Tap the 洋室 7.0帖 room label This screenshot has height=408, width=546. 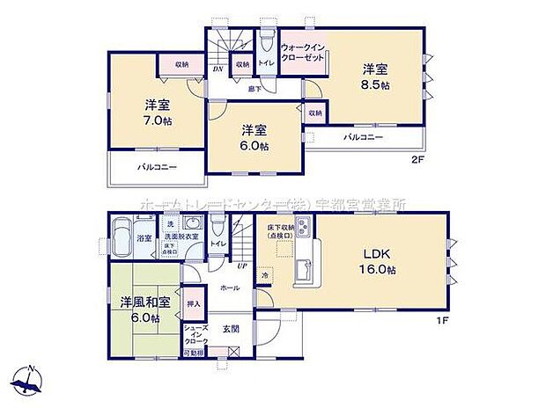pyautogui.click(x=159, y=113)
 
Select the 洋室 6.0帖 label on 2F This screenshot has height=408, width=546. pyautogui.click(x=256, y=138)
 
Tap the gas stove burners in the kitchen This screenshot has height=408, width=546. pyautogui.click(x=301, y=231)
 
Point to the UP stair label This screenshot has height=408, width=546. pyautogui.click(x=240, y=265)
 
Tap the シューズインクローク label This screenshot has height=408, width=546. pyautogui.click(x=196, y=335)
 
